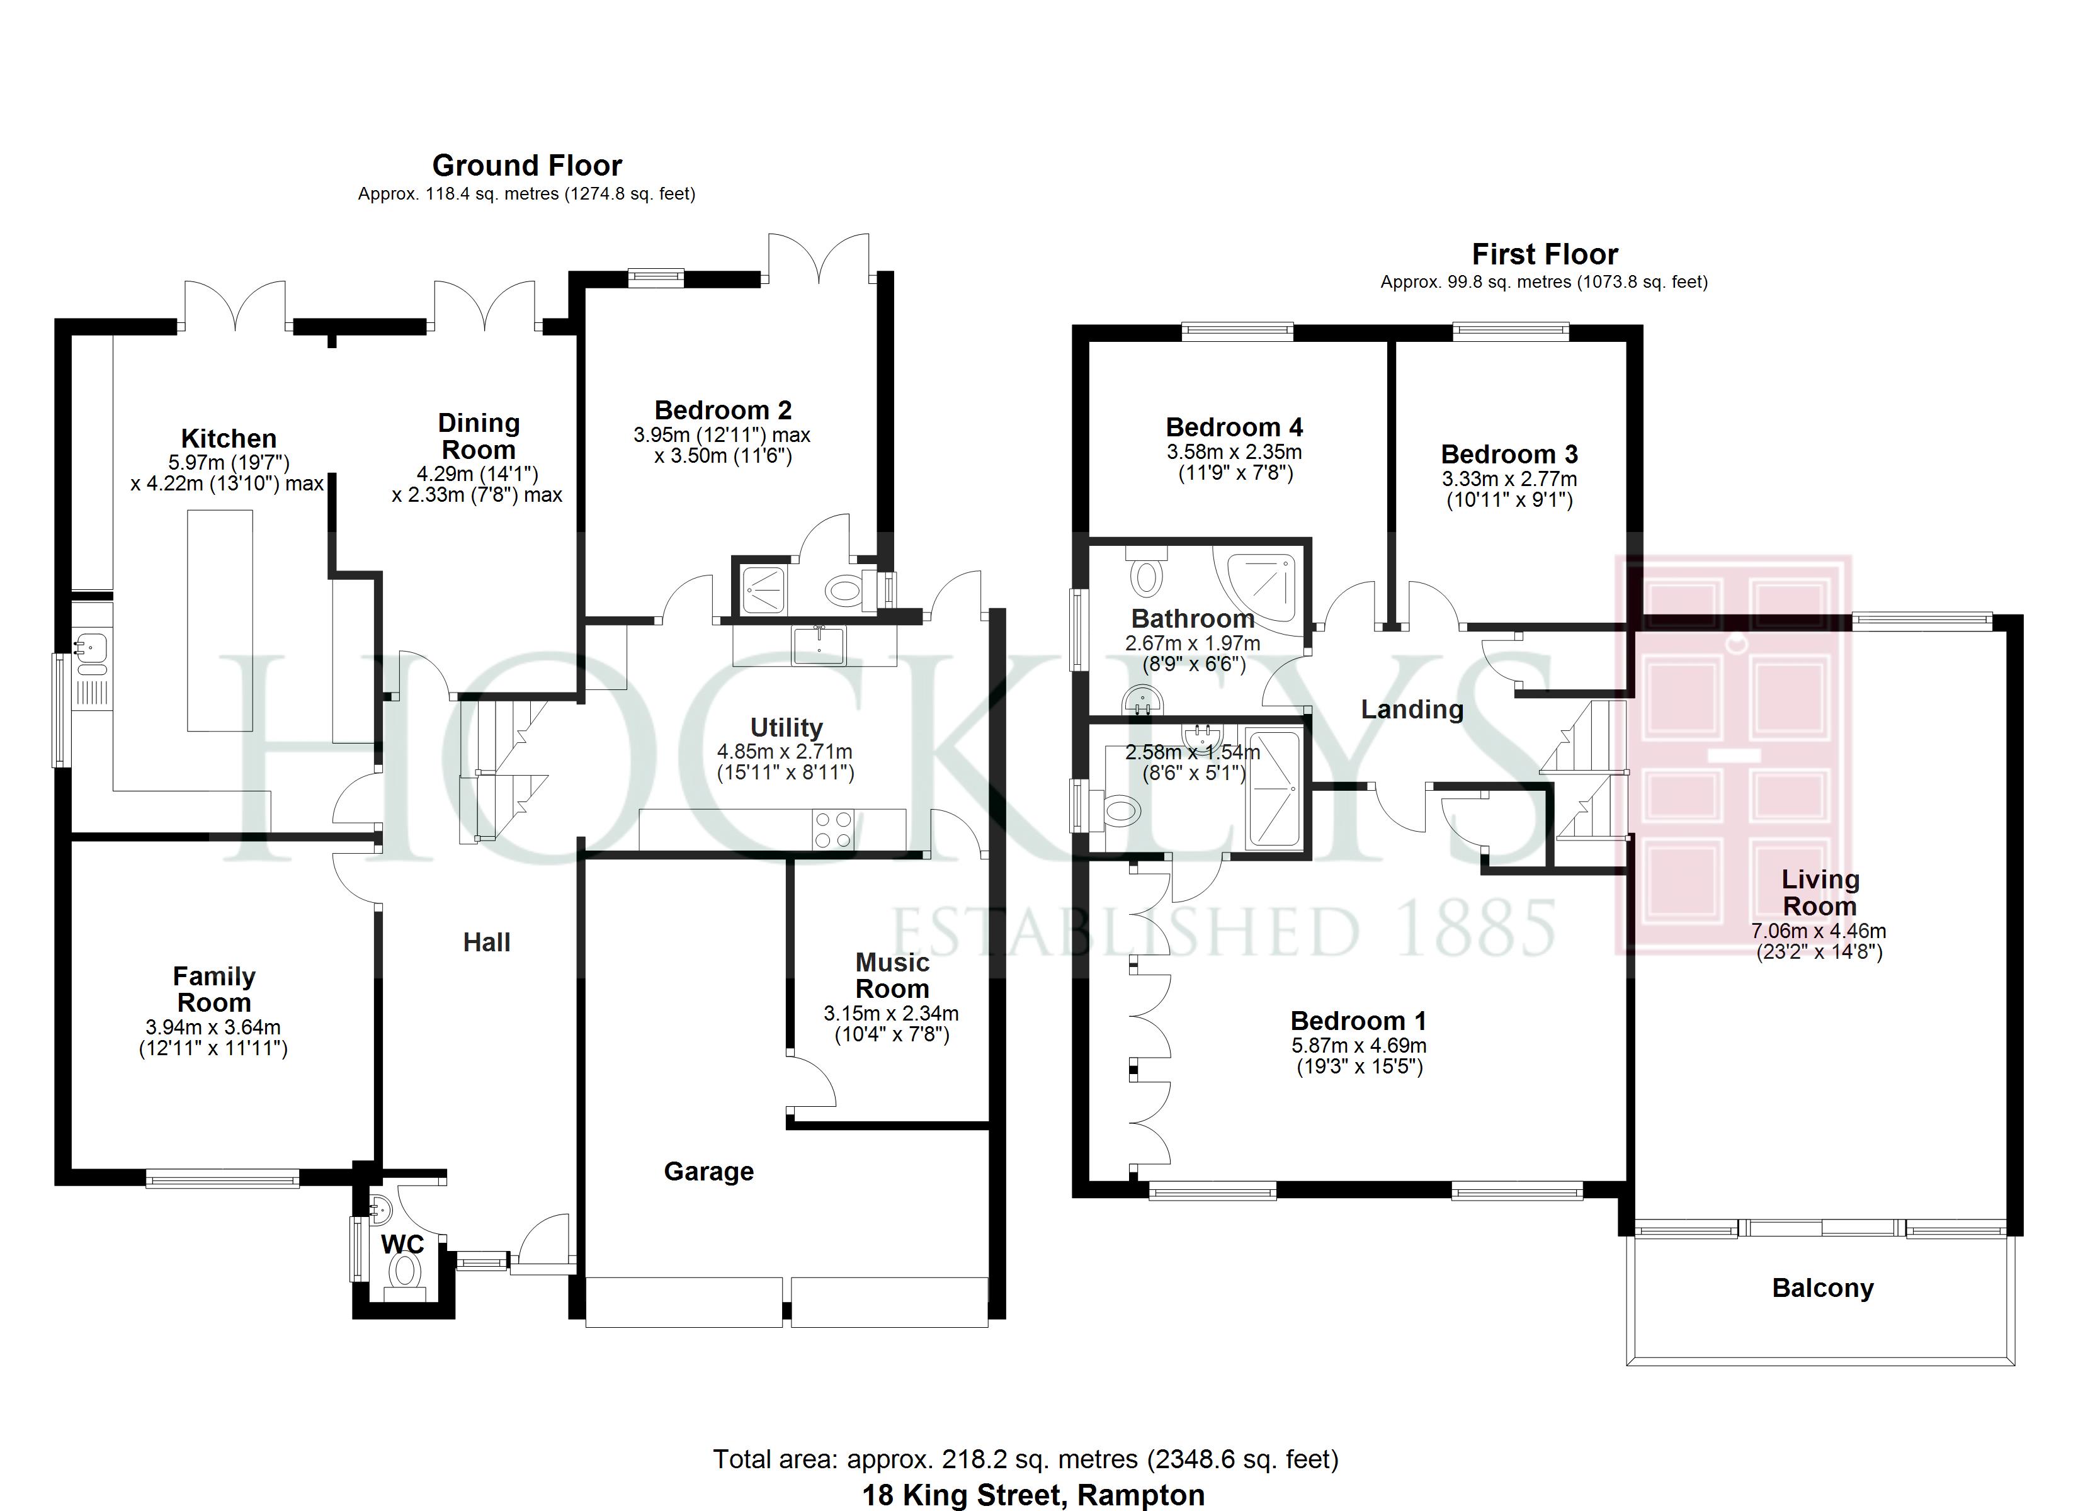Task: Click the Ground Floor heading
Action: [527, 166]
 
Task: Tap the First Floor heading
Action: [1544, 254]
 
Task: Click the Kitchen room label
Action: [228, 438]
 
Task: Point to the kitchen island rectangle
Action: [220, 620]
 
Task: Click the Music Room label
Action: [892, 976]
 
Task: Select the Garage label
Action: [708, 1171]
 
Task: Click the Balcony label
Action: [1822, 1288]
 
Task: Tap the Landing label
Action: [1411, 710]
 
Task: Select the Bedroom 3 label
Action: [1508, 455]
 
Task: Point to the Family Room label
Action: [213, 990]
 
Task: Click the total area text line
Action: [1025, 1459]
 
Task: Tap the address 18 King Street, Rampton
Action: [1033, 1495]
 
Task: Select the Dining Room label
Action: [479, 436]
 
